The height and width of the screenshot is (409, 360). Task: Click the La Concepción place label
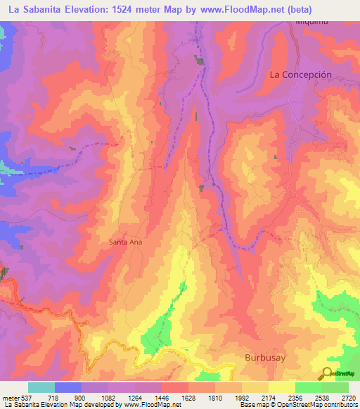tap(300, 74)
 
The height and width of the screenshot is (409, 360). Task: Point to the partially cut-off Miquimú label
tap(312, 22)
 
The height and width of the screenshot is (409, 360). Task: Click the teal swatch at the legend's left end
tap(41, 387)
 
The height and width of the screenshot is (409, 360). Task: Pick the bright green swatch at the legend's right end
tap(335, 387)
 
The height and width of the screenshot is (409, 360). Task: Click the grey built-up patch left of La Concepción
tap(201, 63)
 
